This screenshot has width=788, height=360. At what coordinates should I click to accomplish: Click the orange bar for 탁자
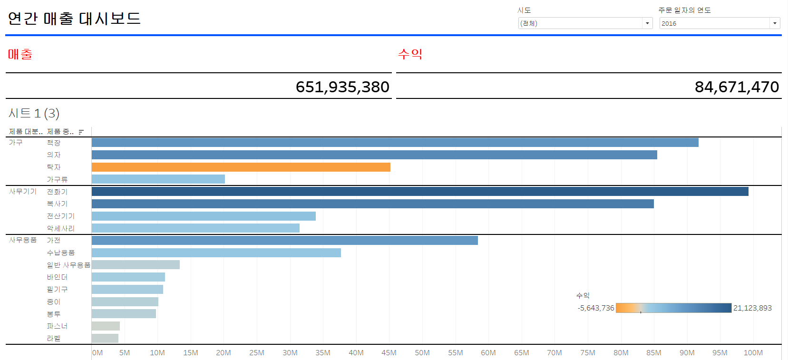tap(241, 167)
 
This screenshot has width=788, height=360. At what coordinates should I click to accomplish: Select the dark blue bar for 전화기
tap(420, 191)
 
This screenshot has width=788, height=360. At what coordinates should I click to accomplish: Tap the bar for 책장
tap(395, 142)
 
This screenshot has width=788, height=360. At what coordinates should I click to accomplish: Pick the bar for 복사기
tap(372, 204)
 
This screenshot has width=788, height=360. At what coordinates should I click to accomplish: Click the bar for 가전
tap(284, 240)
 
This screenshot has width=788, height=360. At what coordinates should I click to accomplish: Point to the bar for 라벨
tap(105, 338)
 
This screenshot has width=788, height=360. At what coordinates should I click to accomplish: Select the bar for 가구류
tap(158, 179)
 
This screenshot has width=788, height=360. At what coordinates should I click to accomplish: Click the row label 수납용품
tap(60, 253)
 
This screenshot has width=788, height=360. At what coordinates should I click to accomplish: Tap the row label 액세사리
tap(60, 228)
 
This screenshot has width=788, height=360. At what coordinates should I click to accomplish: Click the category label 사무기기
tap(23, 191)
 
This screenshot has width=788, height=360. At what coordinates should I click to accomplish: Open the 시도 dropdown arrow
tap(647, 23)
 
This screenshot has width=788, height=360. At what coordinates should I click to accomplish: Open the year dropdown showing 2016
tap(775, 23)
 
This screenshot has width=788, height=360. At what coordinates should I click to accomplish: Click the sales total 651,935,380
tap(342, 87)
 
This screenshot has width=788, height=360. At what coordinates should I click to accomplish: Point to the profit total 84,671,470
tap(737, 87)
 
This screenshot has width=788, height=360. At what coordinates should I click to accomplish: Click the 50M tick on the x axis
tap(422, 353)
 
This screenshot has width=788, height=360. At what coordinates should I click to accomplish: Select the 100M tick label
tap(753, 353)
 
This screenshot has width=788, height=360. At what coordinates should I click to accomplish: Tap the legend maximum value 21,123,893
tap(752, 308)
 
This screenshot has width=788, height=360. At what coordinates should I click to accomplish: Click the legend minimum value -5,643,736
tap(596, 308)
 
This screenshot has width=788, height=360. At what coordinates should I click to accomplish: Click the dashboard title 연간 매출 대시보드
tap(74, 19)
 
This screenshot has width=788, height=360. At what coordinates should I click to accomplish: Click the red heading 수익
tap(410, 54)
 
